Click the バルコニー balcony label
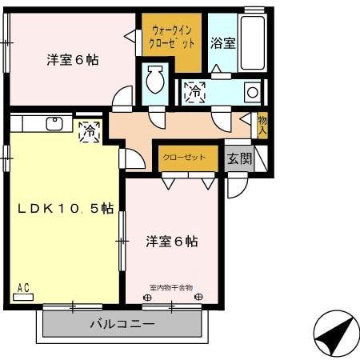pyautogui.click(x=121, y=324)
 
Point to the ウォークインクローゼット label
pyautogui.click(x=171, y=36)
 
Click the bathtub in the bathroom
pyautogui.click(x=253, y=41)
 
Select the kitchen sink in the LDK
pyautogui.click(x=54, y=123)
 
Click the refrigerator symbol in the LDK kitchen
pyautogui.click(x=89, y=130)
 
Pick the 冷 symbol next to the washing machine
pyautogui.click(x=194, y=91)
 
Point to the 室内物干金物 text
pyautogui.click(x=171, y=287)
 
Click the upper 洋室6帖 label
pyautogui.click(x=72, y=59)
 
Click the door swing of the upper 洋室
pyautogui.click(x=122, y=99)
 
